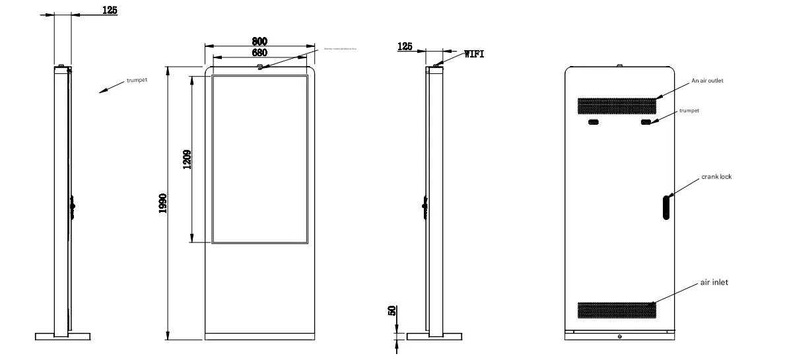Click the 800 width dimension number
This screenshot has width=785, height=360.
[259, 41]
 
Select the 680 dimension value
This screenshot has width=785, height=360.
[259, 52]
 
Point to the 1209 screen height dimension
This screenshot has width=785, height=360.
[187, 159]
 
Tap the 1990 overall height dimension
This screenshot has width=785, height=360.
[162, 203]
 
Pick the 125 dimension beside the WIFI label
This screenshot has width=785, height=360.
[405, 46]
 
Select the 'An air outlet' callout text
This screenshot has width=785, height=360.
[708, 81]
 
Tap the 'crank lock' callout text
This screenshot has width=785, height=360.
[716, 176]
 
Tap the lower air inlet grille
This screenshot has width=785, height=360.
[618, 308]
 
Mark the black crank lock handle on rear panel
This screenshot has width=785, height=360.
[666, 206]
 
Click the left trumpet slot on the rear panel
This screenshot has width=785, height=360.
[593, 122]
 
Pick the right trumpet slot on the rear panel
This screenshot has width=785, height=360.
[645, 122]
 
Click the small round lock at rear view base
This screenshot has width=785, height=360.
[619, 336]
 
